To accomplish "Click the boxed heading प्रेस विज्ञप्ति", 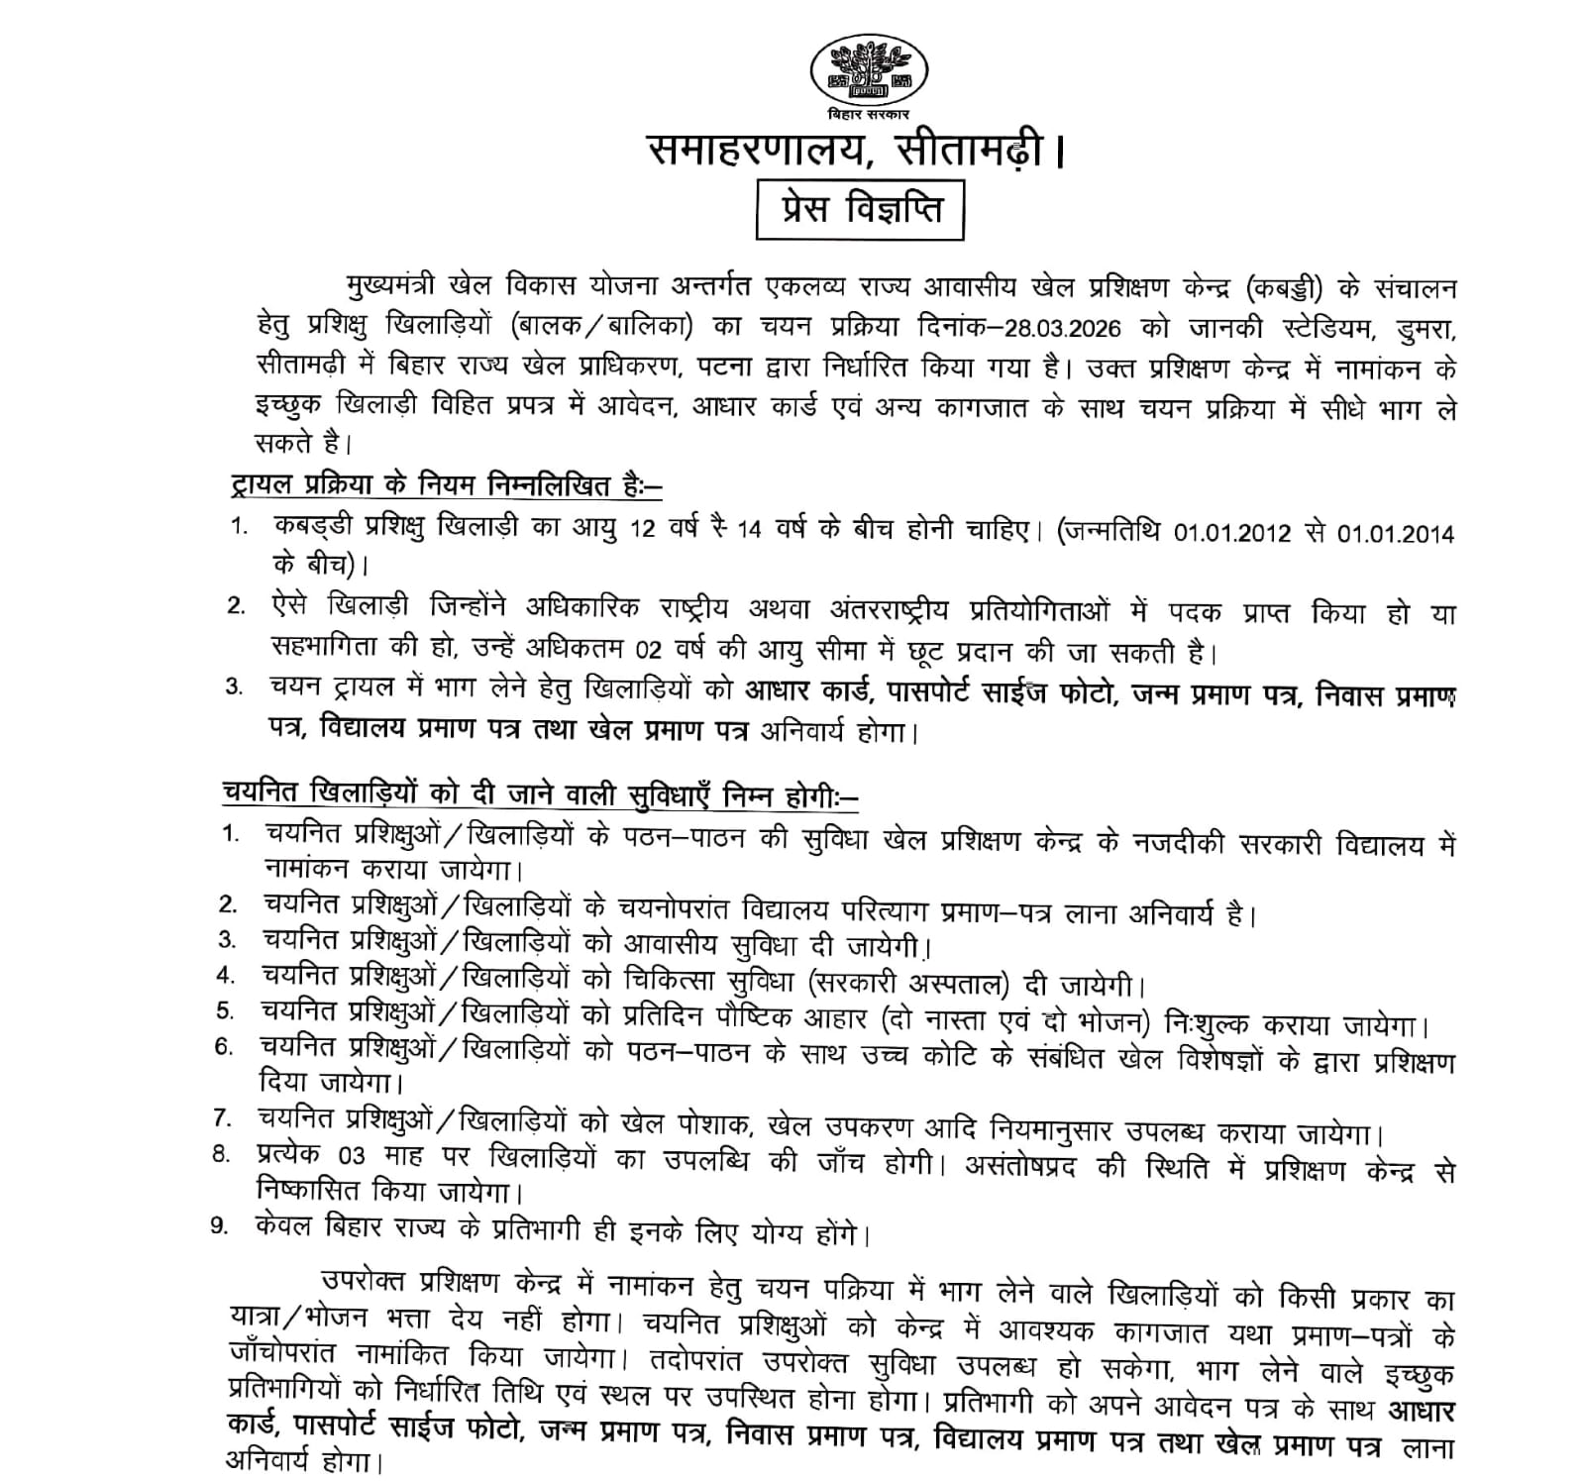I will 859,209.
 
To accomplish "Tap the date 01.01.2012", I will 1231,533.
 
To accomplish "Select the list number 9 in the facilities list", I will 220,1225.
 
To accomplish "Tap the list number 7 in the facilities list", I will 223,1118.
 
